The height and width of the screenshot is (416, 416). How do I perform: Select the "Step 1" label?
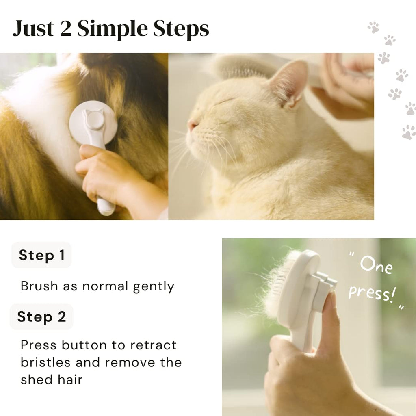tap(41, 255)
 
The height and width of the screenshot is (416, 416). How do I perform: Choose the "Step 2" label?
tap(41, 317)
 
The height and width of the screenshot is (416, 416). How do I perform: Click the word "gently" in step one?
tap(154, 286)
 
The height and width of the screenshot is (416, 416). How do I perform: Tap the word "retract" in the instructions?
tap(153, 345)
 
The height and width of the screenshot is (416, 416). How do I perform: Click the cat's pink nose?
tap(192, 125)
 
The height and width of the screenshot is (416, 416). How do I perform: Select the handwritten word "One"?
tap(376, 266)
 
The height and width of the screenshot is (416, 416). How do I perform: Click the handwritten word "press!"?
tap(371, 293)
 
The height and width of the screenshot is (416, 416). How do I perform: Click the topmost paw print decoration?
tap(373, 27)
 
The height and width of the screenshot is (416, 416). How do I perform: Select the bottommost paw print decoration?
tap(409, 132)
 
